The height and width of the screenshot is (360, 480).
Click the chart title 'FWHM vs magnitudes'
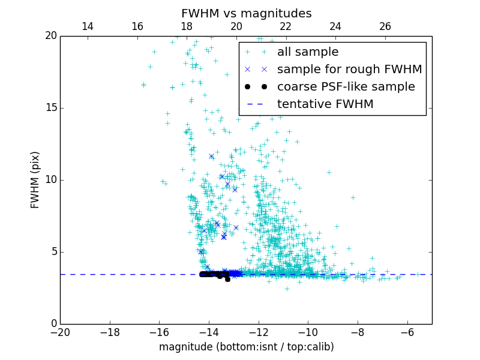246,13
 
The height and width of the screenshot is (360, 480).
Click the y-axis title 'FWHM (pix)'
35,179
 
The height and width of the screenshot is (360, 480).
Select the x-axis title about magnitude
246,347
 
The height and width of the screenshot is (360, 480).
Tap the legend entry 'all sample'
307,52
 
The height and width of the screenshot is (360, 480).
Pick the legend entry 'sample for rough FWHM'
349,70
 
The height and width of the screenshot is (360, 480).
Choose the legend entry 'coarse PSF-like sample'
346,87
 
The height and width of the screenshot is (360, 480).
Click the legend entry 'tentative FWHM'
325,104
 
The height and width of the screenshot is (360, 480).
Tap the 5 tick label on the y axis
52,252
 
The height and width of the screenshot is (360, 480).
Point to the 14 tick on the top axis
87,26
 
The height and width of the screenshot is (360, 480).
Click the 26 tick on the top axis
385,26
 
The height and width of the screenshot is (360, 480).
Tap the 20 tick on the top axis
236,26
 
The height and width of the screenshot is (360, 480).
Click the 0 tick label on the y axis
52,324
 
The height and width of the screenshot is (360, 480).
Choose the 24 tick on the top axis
335,26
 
